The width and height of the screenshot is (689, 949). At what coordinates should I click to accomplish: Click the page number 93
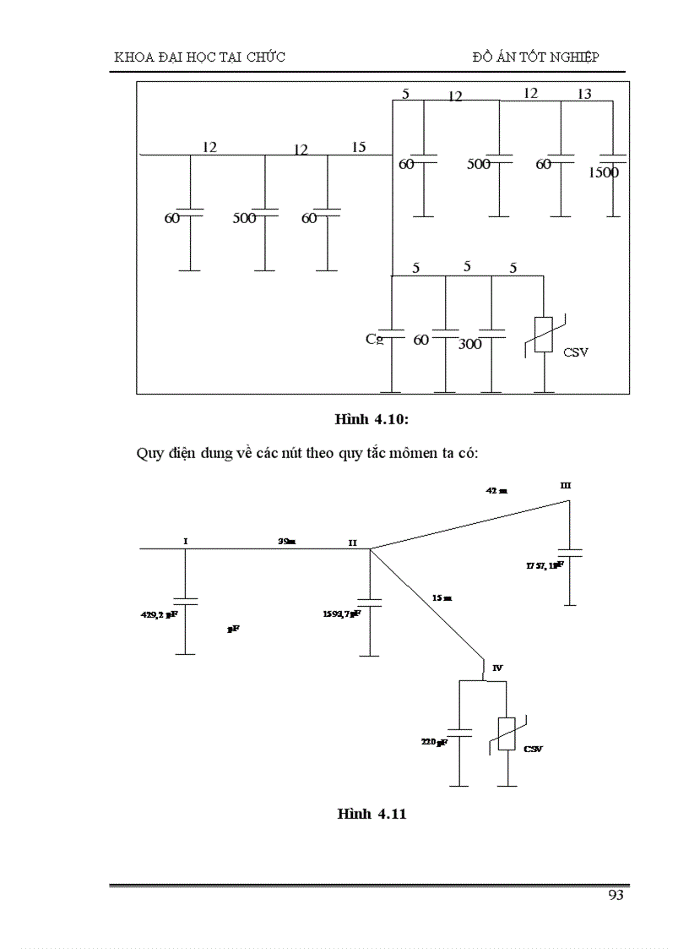616,896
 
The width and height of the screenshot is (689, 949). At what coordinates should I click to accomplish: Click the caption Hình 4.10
371,419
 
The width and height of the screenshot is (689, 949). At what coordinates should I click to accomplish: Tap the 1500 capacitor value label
603,173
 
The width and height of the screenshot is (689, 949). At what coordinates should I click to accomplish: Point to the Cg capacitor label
375,339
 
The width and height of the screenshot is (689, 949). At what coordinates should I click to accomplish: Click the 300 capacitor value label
469,345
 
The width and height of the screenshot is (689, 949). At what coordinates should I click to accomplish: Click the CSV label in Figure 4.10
576,352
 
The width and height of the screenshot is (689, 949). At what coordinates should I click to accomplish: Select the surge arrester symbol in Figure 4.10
544,335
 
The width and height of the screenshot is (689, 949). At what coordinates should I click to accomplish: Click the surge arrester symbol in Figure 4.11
507,734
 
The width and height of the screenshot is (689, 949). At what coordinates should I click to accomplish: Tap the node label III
566,485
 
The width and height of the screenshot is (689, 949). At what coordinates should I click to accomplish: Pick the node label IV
497,668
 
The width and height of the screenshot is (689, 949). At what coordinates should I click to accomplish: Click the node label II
354,543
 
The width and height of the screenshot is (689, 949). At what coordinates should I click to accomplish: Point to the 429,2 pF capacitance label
158,616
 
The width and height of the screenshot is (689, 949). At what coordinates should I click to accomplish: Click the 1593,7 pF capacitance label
341,614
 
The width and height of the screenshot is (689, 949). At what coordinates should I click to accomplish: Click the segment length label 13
584,95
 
